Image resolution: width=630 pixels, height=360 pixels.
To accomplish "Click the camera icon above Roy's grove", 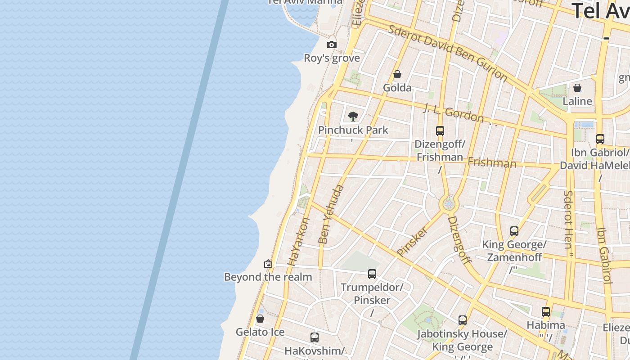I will coord(332,45).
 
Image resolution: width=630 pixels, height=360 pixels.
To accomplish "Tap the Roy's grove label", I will coord(332,58).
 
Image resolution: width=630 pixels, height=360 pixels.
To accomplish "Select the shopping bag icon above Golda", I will coord(397,74).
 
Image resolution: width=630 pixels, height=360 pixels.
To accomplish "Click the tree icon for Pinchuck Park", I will coord(353,117).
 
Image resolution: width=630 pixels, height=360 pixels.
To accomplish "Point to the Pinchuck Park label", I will coord(353,130).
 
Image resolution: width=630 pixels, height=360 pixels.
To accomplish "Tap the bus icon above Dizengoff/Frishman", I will coord(440,131).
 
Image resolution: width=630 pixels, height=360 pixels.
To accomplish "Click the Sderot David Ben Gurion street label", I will coord(448,54).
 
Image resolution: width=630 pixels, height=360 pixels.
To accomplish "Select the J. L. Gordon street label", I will coord(454,113).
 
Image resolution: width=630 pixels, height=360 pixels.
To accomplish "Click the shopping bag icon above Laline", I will coord(577,88).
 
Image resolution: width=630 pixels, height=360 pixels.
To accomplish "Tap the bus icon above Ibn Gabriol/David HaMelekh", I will coord(600,139).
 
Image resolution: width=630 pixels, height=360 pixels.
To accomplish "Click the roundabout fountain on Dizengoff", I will coord(449,204).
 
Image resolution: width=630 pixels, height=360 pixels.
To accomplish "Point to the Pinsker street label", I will coord(412,241).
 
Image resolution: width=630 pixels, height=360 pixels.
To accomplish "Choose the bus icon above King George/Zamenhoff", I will coord(514,231).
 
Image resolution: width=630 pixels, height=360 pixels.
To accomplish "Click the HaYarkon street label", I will coord(299,242).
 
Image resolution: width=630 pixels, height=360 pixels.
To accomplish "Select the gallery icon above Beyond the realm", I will coord(268,264).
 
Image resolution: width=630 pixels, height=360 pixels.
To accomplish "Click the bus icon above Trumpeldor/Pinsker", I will coord(372,274).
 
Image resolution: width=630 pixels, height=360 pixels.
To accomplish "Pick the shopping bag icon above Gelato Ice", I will coord(260,319).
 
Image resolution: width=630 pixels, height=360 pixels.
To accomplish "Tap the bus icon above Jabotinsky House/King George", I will coord(463,320).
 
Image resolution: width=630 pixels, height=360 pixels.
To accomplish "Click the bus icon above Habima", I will coord(546,311).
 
